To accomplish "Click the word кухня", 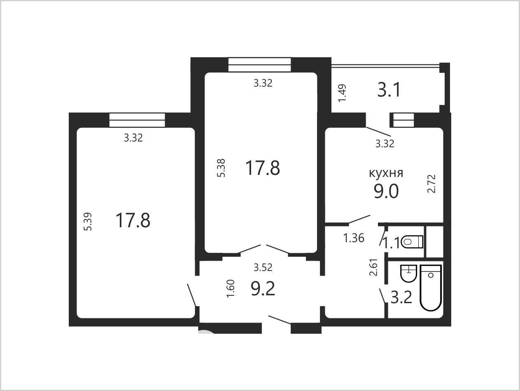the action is tap(386, 173).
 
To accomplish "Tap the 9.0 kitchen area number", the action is tap(386, 191).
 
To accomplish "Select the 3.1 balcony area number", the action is tap(389, 90).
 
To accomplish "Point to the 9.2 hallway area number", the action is tap(263, 289).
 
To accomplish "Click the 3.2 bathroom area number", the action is tap(401, 297).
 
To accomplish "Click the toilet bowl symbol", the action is tap(412, 242).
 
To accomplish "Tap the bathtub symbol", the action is tap(431, 288).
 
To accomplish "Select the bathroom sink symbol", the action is tap(408, 273).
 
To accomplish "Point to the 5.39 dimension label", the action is tap(88, 221).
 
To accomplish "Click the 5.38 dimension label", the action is tap(221, 168).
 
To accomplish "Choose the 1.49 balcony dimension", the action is tap(342, 93).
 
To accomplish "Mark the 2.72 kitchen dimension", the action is tap(431, 184).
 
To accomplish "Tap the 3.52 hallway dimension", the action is tap(263, 267).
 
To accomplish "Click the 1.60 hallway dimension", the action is tap(231, 288).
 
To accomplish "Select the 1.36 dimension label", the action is tap(354, 238).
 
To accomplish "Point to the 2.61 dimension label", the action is tap(373, 267).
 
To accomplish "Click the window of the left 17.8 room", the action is tap(137, 120).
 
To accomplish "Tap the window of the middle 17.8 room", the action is tap(259, 64).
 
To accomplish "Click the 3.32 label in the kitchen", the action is tap(385, 144).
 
